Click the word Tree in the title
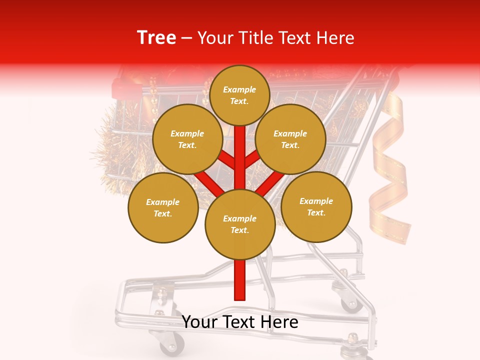click(x=156, y=38)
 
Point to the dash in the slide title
click(x=187, y=38)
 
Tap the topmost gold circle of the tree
click(x=239, y=95)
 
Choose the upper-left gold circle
click(x=187, y=139)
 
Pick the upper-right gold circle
click(x=290, y=139)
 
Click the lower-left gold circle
click(x=163, y=207)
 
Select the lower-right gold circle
click(x=316, y=206)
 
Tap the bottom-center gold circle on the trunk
click(x=240, y=224)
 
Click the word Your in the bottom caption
click(x=198, y=322)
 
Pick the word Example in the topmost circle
click(x=239, y=89)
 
